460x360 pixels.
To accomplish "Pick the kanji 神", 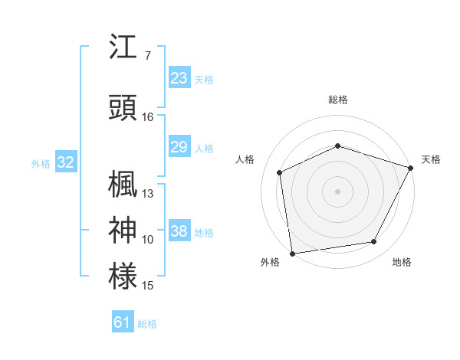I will (123, 231).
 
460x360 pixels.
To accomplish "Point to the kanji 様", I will (123, 277).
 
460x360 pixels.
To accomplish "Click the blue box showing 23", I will (179, 78).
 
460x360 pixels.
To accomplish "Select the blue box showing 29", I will (179, 147).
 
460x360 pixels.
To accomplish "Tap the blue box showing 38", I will (179, 231).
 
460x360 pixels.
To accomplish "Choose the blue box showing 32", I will (65, 162).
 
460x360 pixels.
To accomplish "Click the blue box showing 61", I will (123, 322).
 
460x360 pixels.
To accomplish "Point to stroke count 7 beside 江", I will (147, 56).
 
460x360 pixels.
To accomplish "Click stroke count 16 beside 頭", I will (148, 117).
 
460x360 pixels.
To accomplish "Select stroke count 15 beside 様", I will (148, 286).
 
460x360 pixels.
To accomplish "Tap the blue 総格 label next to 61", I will (147, 324).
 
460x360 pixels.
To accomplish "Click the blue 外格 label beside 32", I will (41, 163).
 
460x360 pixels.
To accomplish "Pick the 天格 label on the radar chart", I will (431, 159).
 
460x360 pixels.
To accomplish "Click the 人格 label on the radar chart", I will (245, 159).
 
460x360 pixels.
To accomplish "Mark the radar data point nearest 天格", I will (412, 167).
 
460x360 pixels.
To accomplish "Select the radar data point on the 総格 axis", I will (337, 146).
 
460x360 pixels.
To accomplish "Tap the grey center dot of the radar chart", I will (337, 191).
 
